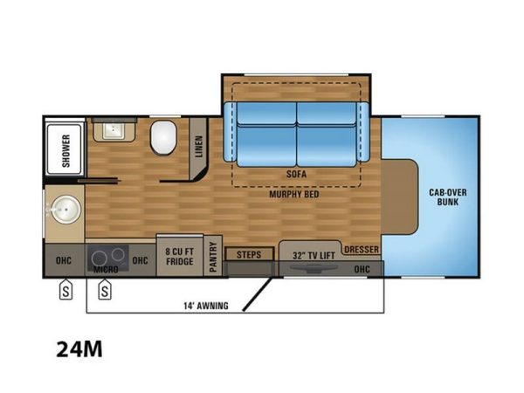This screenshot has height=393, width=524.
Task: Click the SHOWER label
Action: (66, 151)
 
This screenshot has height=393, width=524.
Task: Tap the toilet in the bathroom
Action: (163, 138)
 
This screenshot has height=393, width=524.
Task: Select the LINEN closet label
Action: (199, 147)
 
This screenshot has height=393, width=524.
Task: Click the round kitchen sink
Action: (66, 210)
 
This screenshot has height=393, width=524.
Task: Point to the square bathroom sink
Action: (114, 131)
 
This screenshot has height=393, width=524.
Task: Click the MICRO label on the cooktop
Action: (106, 269)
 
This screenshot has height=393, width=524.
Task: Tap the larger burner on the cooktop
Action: (100, 259)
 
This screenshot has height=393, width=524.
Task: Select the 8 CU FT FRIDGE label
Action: (179, 256)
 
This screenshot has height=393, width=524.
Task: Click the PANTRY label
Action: (213, 257)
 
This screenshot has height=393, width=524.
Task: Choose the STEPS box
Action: (249, 254)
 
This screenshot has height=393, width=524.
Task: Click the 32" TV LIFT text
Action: (314, 256)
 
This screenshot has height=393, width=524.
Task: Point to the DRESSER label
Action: (362, 249)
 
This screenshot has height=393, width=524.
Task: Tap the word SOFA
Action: (296, 174)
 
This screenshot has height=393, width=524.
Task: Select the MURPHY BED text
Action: (294, 194)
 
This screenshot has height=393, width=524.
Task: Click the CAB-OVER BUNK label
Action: (448, 197)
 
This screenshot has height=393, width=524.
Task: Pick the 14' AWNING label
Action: (206, 306)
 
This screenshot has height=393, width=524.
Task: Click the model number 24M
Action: (79, 349)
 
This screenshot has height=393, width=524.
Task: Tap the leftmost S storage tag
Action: (65, 289)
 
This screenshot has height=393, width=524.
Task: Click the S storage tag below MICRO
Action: (105, 289)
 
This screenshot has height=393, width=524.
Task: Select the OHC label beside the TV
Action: (362, 269)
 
